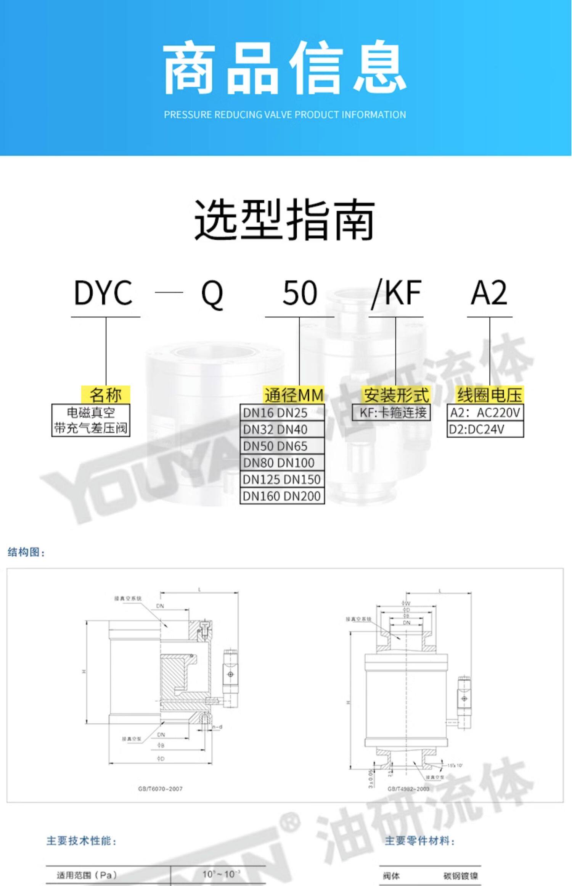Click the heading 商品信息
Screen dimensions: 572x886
click(x=285, y=68)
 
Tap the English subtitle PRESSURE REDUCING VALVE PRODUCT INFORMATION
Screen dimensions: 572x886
click(x=285, y=115)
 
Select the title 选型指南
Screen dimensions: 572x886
click(x=285, y=220)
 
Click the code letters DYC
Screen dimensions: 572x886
click(x=103, y=293)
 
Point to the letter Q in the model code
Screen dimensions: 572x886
click(x=212, y=294)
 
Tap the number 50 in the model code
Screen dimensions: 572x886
click(x=300, y=293)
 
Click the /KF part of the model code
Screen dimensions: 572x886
click(x=397, y=293)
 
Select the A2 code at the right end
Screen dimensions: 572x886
click(x=489, y=293)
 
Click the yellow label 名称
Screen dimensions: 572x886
click(x=106, y=395)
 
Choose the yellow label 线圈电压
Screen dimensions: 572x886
click(x=490, y=395)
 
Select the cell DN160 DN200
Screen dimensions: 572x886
click(x=282, y=496)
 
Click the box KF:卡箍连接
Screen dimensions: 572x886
click(x=391, y=412)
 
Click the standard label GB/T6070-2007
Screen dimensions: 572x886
click(x=160, y=789)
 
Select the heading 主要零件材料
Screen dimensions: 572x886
click(x=419, y=841)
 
